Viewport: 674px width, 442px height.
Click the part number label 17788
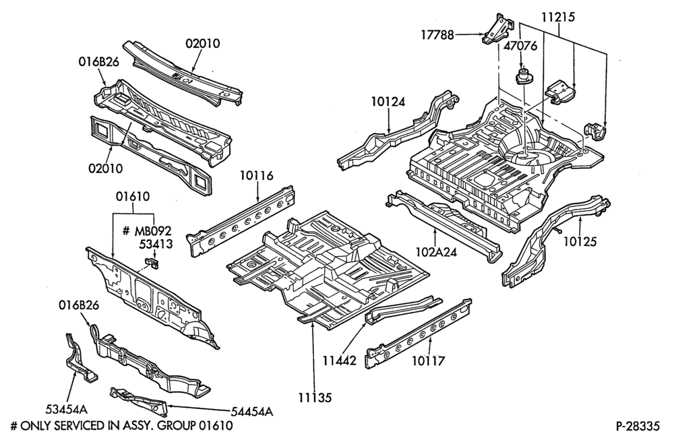[437, 34]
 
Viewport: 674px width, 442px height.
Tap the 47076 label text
[520, 46]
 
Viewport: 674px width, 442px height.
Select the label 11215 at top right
[557, 18]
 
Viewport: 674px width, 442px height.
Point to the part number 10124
[388, 102]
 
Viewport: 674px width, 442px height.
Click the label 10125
[580, 241]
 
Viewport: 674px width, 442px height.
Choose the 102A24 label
[436, 251]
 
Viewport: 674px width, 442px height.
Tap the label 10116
[257, 176]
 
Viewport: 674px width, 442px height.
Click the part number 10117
[429, 361]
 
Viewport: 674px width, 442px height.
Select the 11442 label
[340, 360]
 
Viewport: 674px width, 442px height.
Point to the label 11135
[315, 398]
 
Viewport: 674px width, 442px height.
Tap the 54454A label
[252, 412]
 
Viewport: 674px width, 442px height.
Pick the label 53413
[156, 244]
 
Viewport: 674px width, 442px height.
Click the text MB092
[152, 230]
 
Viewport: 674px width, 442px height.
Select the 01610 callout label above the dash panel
[133, 197]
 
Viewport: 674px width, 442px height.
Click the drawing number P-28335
[638, 426]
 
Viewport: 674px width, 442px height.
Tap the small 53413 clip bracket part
[152, 263]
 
